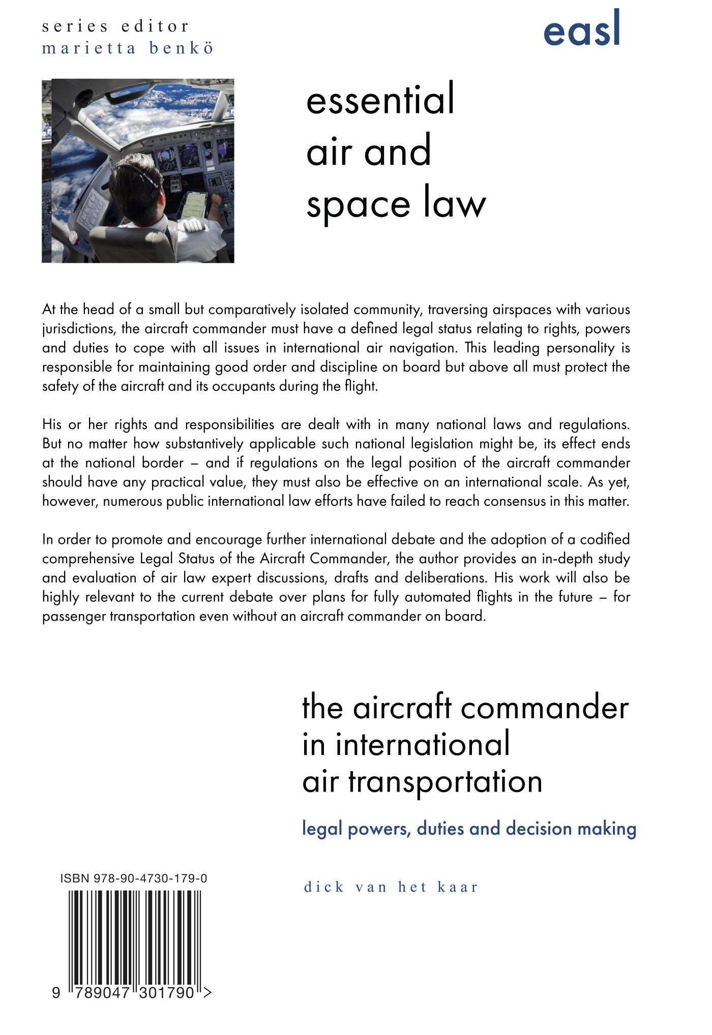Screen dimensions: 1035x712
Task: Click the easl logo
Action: pos(581,29)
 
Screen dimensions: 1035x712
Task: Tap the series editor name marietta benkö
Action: pos(127,48)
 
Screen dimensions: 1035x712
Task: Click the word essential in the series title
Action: pos(380,99)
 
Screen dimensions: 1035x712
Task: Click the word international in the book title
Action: pos(422,744)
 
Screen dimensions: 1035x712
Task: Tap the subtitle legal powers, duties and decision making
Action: pos(469,829)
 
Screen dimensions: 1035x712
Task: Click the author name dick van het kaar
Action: pos(391,887)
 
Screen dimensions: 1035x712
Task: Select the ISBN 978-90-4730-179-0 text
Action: pos(134,878)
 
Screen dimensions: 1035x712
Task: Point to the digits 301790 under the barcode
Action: pos(169,992)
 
